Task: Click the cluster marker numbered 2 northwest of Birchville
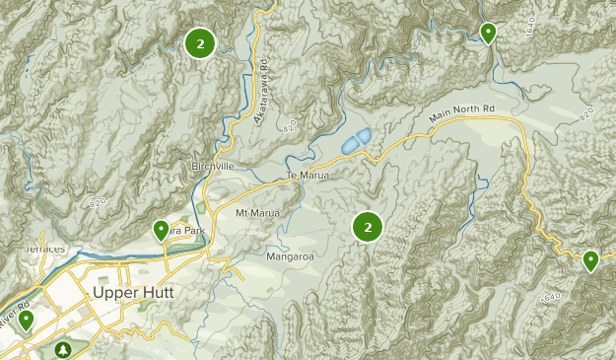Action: click(x=200, y=42)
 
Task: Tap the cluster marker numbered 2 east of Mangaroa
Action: click(x=368, y=227)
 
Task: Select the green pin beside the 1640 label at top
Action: click(x=488, y=33)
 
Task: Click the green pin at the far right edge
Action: click(x=590, y=260)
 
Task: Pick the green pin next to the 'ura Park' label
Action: click(x=161, y=230)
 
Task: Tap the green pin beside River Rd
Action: click(x=25, y=319)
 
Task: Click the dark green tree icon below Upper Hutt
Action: click(x=64, y=349)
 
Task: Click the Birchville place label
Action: click(x=213, y=167)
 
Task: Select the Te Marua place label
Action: click(x=307, y=176)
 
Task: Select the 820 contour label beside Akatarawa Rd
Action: click(x=289, y=128)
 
